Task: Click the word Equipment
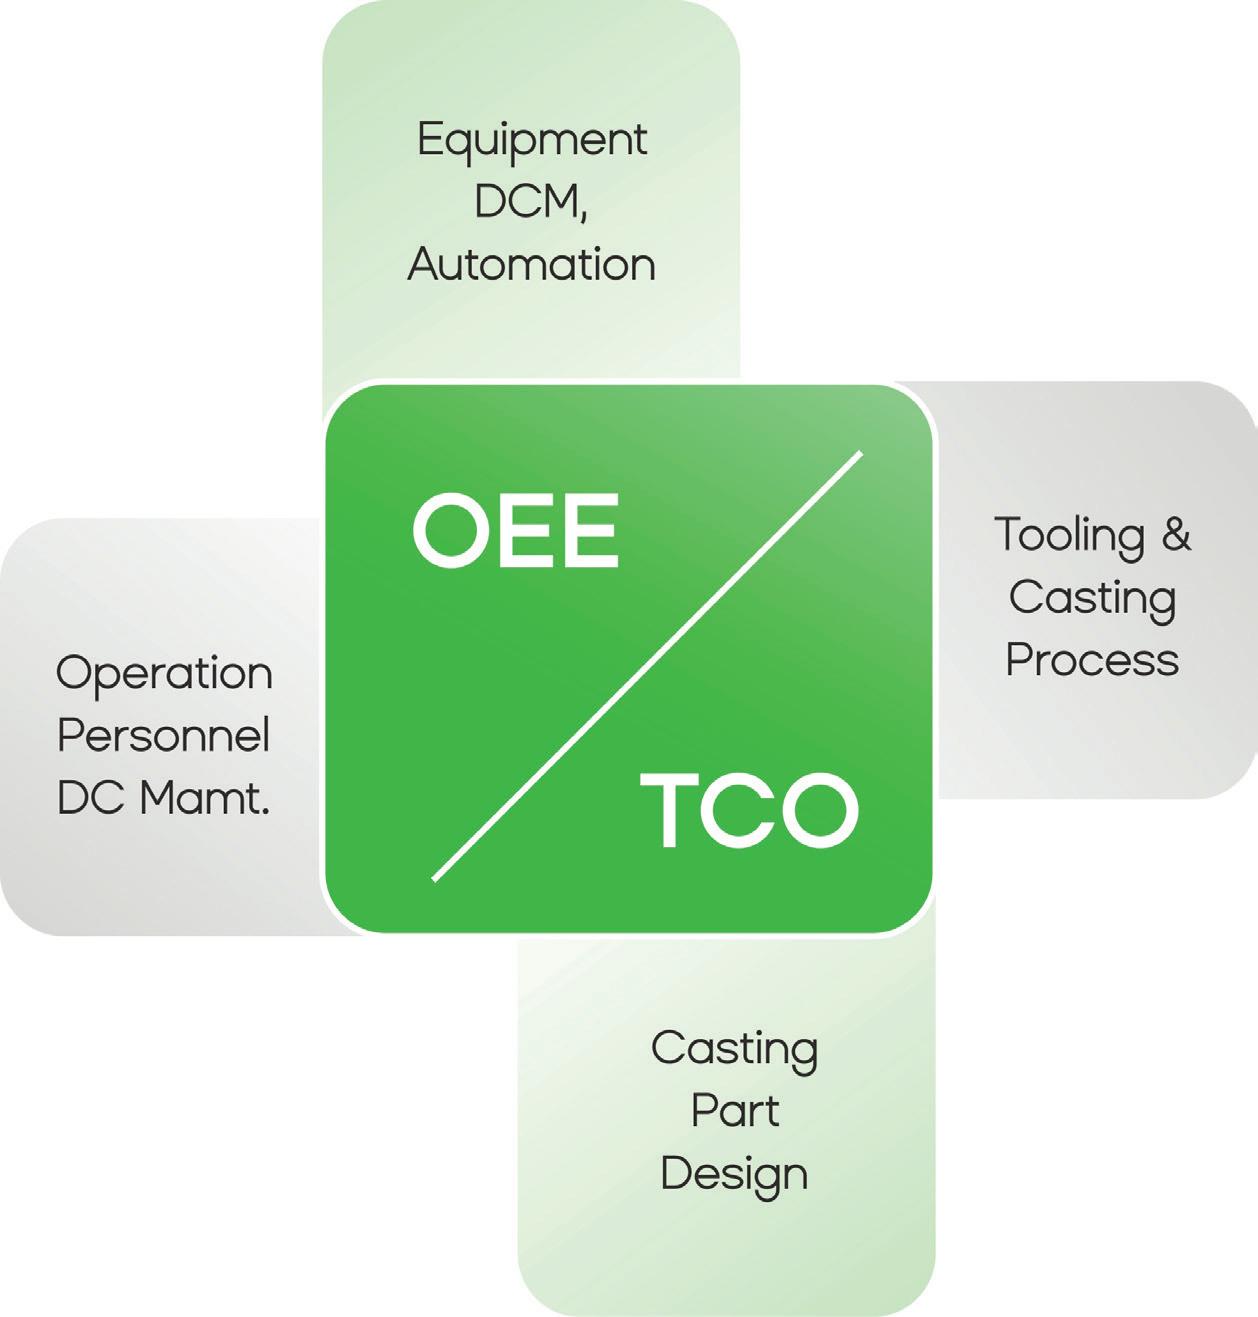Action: click(531, 141)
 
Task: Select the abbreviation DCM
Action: click(527, 202)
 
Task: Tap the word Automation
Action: click(531, 265)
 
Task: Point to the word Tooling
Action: click(1069, 536)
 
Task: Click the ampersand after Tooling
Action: click(1176, 534)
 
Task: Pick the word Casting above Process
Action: click(1092, 599)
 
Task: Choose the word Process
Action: click(1092, 660)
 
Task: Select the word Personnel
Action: click(164, 736)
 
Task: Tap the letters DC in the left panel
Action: click(91, 798)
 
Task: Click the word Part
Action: click(734, 1111)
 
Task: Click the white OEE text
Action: click(516, 531)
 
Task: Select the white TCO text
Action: click(749, 810)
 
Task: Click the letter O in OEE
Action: click(448, 531)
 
